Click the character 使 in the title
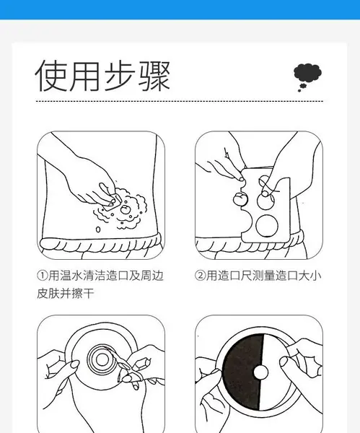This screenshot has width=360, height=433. pyautogui.click(x=51, y=76)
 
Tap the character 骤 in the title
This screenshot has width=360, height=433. pyautogui.click(x=154, y=76)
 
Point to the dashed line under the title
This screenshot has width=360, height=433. pyautogui.click(x=180, y=101)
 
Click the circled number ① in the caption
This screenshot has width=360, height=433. pyautogui.click(x=43, y=276)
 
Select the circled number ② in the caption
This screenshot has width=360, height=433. pyautogui.click(x=200, y=276)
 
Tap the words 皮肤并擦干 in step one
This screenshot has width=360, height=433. pyautogui.click(x=66, y=293)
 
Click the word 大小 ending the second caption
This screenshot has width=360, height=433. pyautogui.click(x=309, y=276)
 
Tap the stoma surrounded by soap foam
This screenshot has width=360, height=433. pyautogui.click(x=126, y=209)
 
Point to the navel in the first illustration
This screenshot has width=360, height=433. pyautogui.click(x=98, y=229)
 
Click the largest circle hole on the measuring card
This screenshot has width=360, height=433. pyautogui.click(x=266, y=226)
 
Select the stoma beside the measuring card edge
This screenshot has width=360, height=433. pyautogui.click(x=240, y=199)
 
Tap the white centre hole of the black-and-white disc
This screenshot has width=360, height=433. pyautogui.click(x=260, y=372)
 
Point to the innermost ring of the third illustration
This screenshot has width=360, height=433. pyautogui.click(x=102, y=359)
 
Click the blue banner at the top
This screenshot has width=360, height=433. pyautogui.click(x=180, y=9)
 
